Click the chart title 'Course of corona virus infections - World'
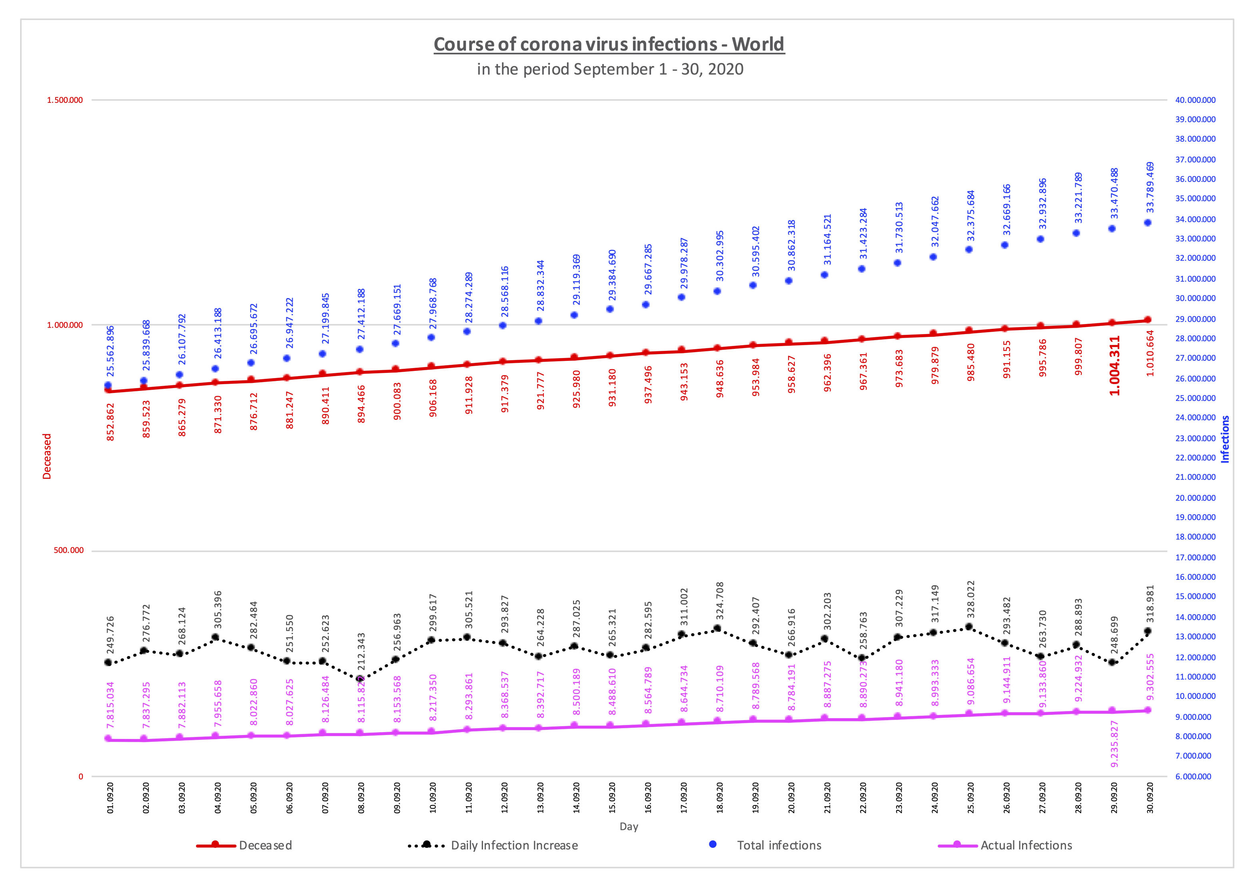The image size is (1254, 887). click(609, 44)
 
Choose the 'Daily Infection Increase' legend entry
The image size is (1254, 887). click(514, 845)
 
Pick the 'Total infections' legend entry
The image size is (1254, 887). click(779, 845)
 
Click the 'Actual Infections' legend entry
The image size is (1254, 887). click(1026, 845)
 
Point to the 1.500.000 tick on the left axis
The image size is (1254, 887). click(65, 100)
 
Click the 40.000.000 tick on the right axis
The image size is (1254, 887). click(1196, 100)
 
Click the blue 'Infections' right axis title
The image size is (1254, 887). click(1225, 439)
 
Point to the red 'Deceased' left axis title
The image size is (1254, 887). click(47, 457)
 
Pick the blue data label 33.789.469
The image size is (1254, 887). click(1150, 188)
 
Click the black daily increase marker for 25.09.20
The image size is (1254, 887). click(969, 627)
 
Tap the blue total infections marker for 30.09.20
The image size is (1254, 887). click(1148, 222)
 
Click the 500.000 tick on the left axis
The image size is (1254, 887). click(69, 551)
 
